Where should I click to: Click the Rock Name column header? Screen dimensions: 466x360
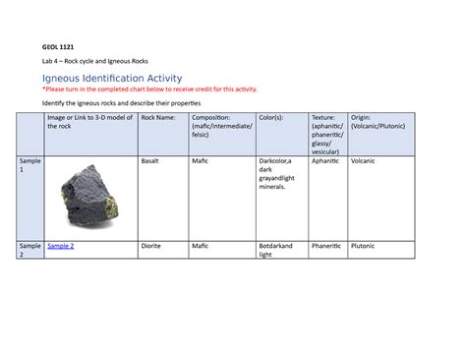pos(160,118)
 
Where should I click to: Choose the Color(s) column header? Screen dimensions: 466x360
pos(270,118)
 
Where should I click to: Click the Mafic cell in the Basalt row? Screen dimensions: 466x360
pos(200,159)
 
